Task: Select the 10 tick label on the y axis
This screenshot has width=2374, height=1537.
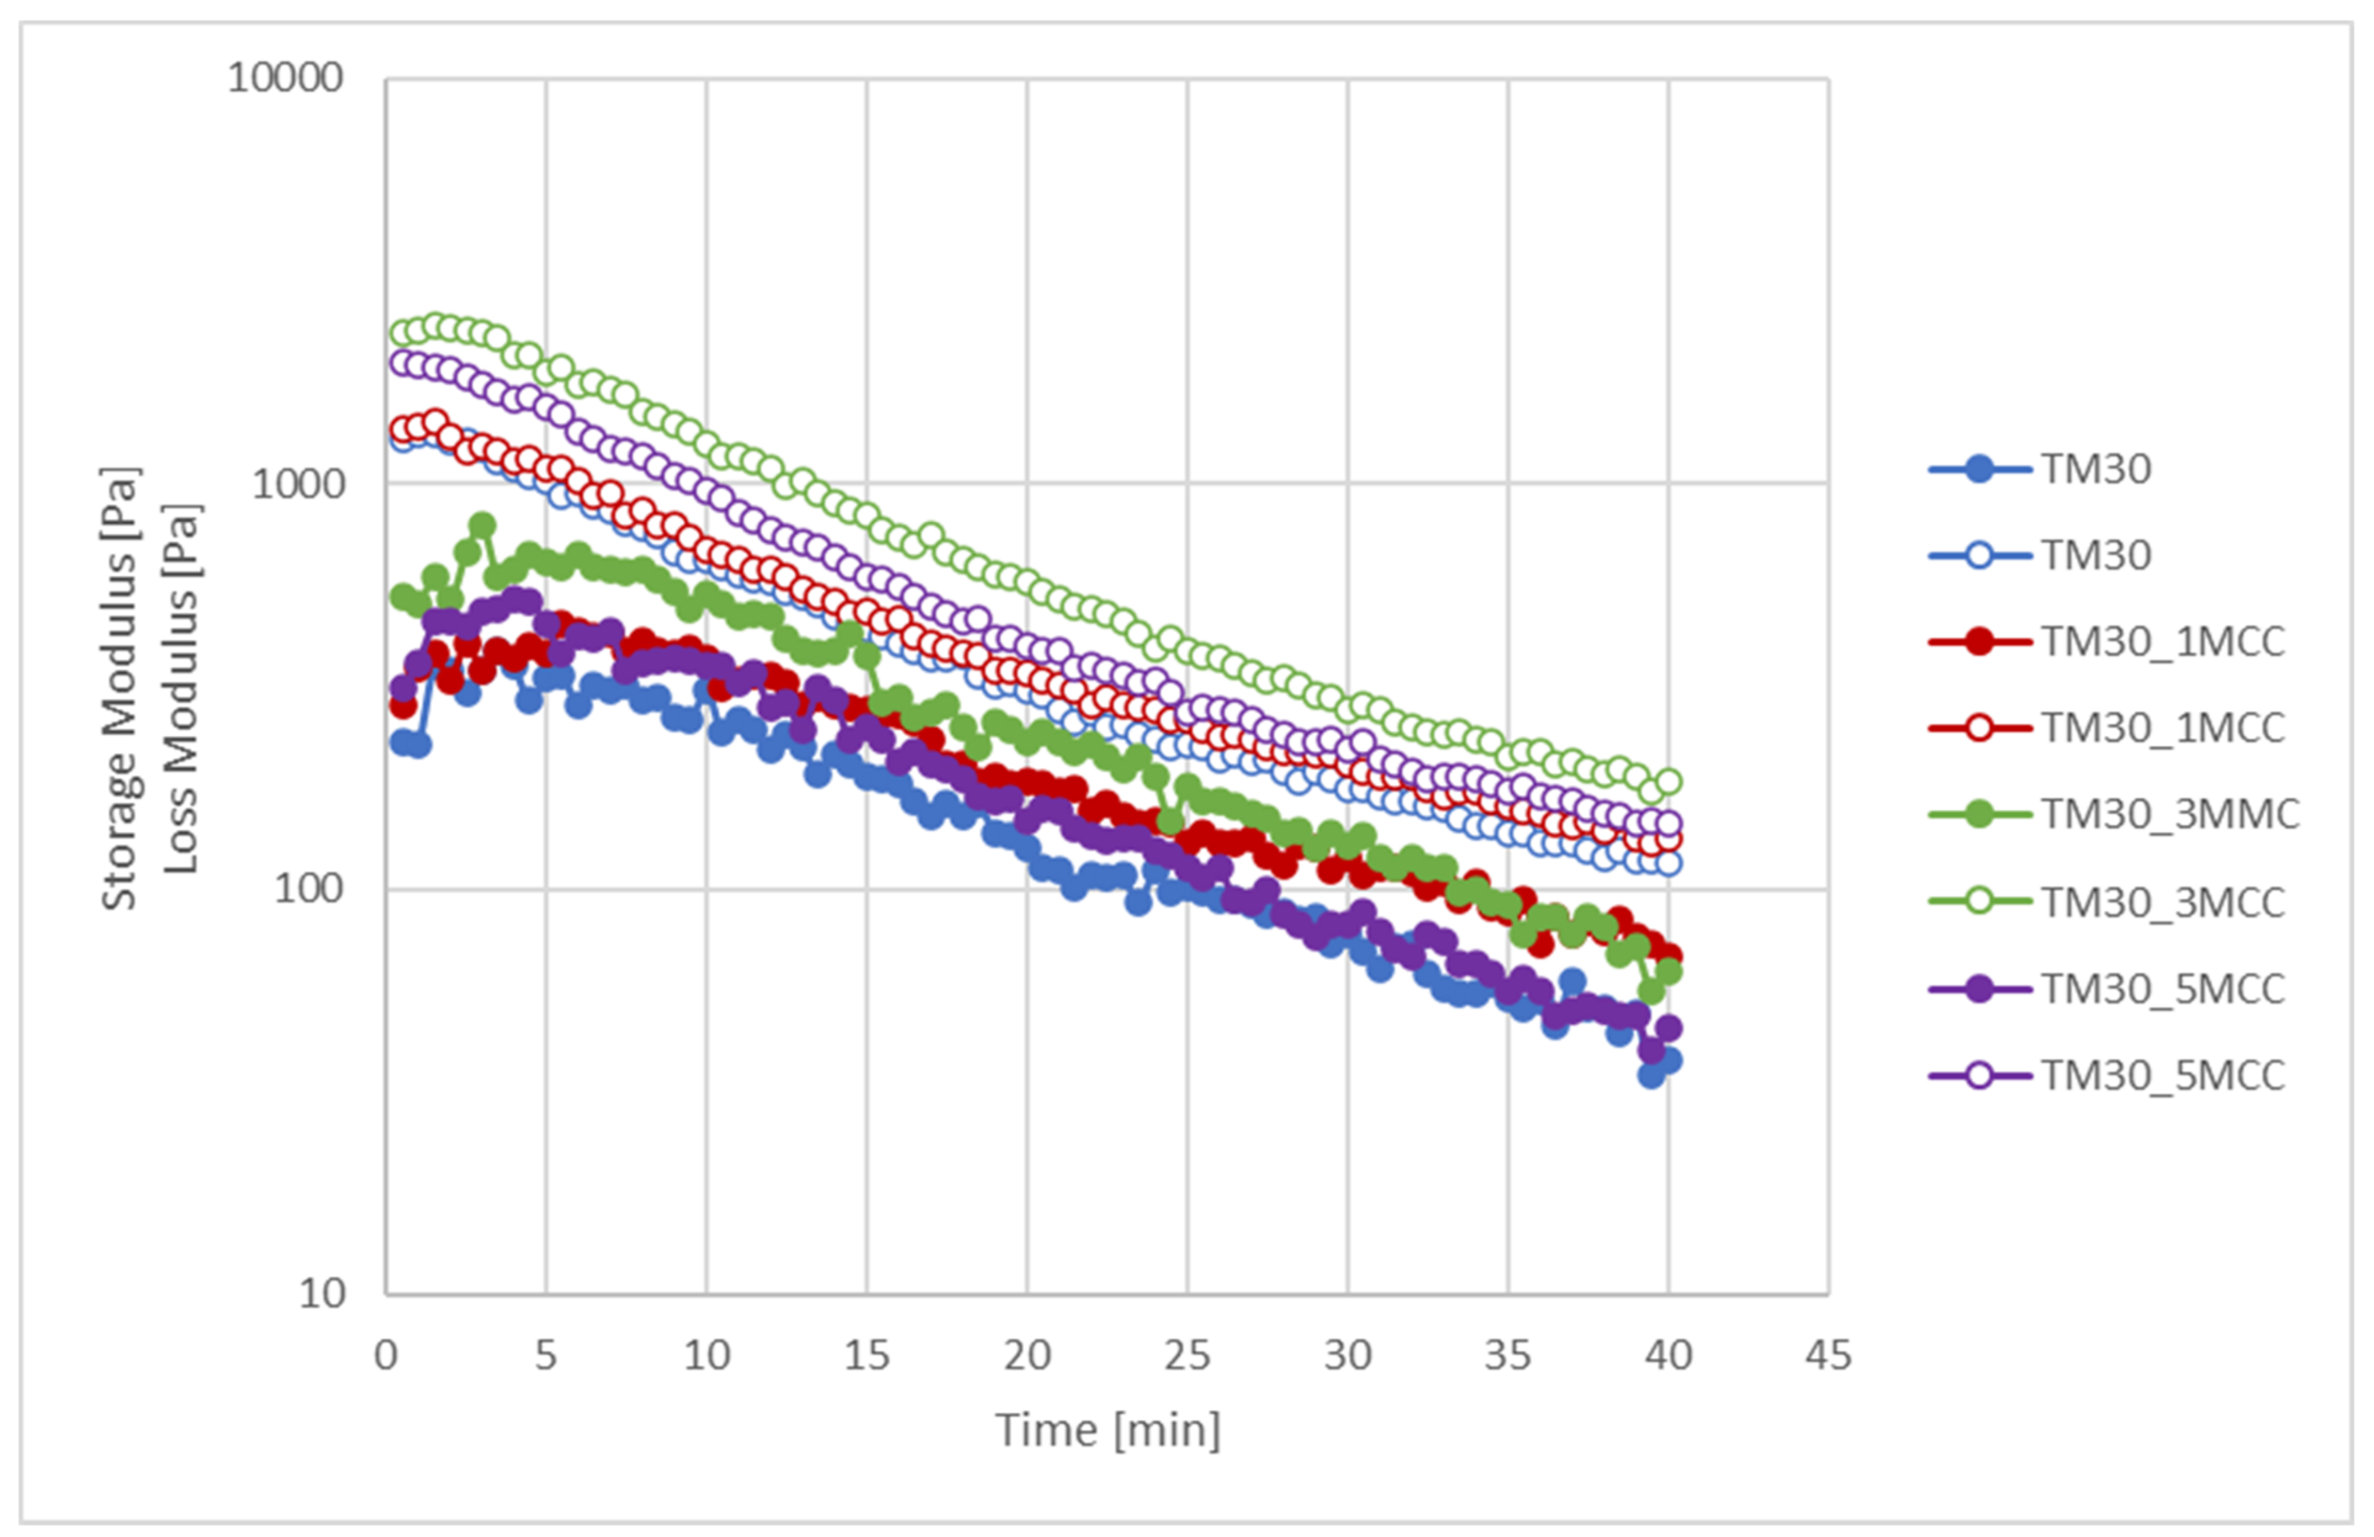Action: pos(320,1293)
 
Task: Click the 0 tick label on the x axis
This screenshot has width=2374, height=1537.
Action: pos(386,1356)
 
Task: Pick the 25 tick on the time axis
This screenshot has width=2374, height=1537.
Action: pos(1187,1356)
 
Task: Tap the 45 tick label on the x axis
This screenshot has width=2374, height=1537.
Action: pos(1828,1356)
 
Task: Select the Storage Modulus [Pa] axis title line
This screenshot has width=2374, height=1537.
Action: pos(120,688)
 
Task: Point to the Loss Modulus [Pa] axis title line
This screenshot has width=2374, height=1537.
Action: pos(181,688)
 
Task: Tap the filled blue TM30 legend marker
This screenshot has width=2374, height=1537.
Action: pos(1979,469)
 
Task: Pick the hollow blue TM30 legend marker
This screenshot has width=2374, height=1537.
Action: pos(1979,554)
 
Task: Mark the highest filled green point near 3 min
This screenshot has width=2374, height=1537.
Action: pos(482,525)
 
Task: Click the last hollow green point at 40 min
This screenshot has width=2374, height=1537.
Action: pos(1668,782)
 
